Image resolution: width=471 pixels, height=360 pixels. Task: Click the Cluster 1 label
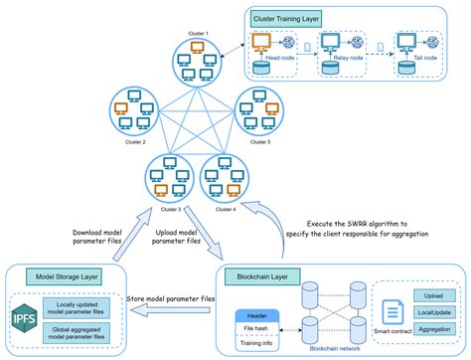(200, 33)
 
